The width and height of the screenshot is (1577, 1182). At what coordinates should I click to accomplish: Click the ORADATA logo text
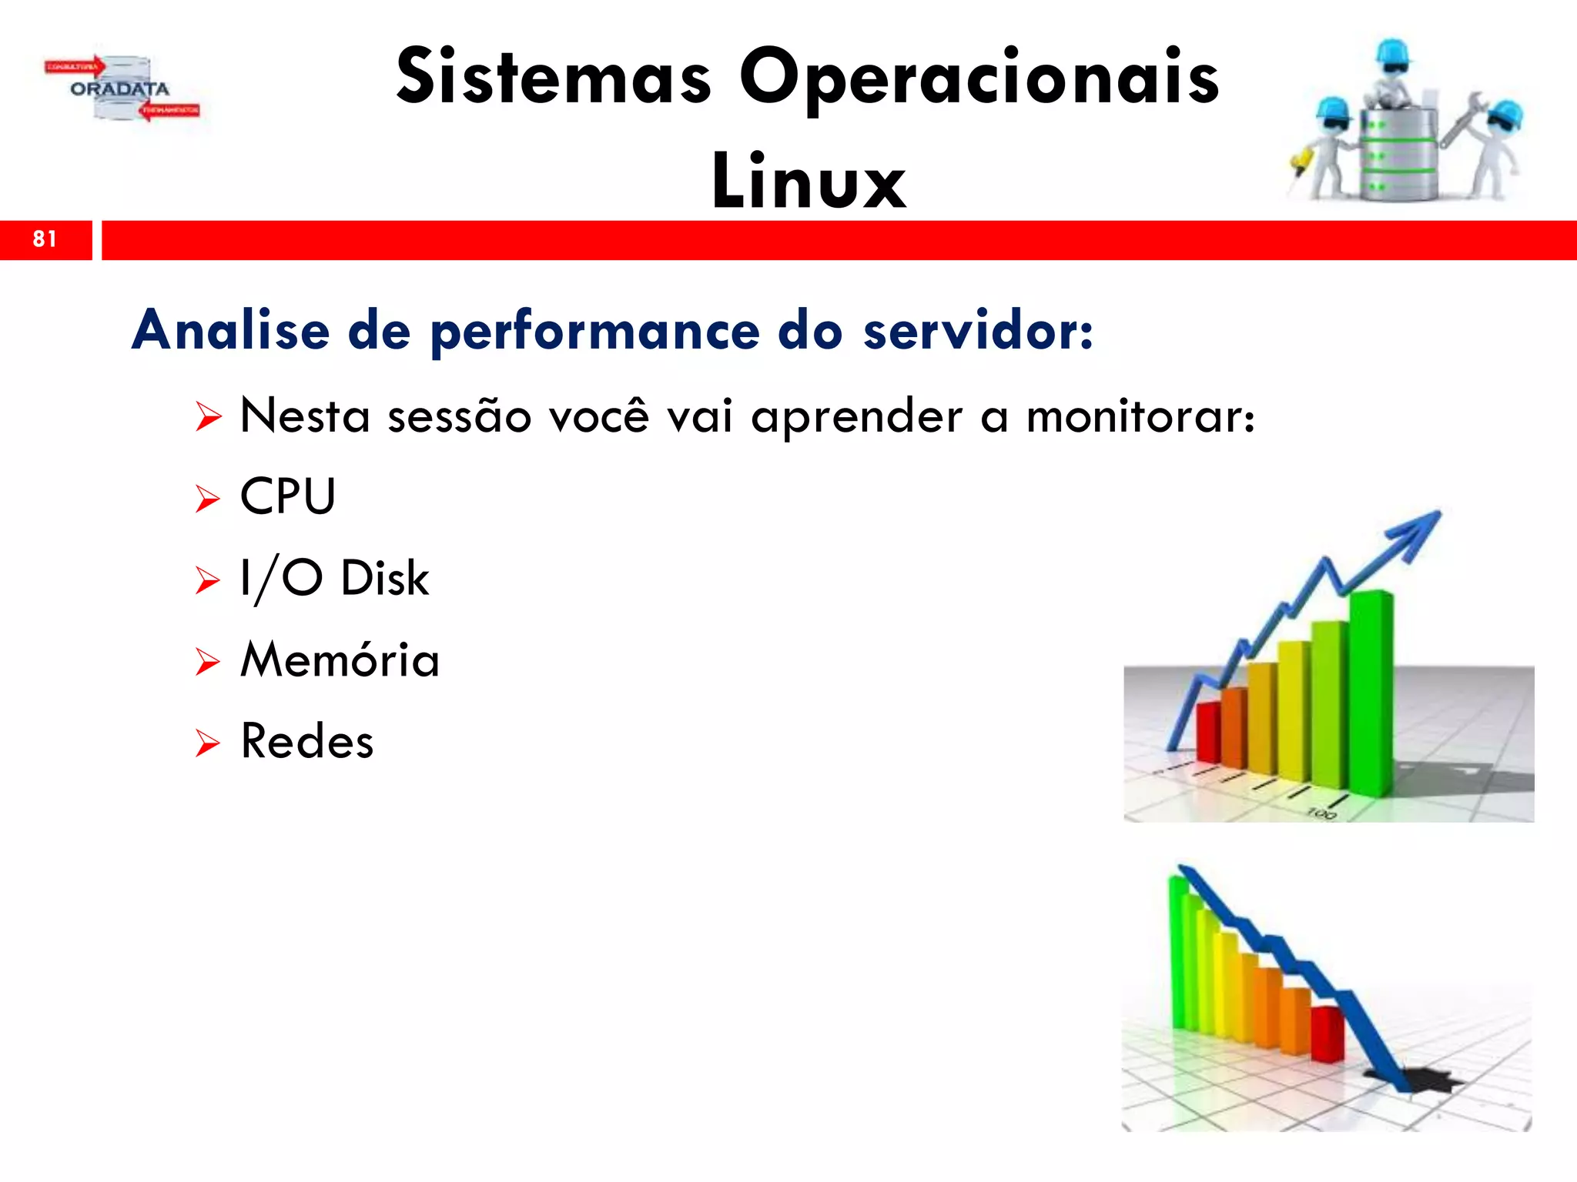(119, 88)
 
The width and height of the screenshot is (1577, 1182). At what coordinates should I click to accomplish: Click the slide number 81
(45, 239)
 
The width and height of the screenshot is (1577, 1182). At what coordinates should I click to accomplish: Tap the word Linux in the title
(809, 182)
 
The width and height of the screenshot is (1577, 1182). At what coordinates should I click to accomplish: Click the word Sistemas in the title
(554, 77)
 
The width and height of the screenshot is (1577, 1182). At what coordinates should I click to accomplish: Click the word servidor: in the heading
(977, 331)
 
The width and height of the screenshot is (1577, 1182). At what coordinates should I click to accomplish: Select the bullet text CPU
(288, 496)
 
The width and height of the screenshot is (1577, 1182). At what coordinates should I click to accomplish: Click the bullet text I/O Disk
(334, 579)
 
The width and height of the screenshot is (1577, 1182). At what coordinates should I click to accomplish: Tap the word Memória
(340, 660)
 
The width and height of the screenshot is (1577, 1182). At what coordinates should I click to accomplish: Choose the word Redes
(306, 742)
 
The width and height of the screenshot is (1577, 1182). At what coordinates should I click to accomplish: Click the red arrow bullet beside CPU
(207, 499)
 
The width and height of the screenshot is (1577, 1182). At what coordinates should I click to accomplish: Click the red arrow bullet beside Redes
(207, 743)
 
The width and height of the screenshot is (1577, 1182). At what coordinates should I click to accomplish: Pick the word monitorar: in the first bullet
(1140, 417)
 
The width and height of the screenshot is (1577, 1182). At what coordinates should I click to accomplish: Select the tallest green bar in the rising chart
(1371, 693)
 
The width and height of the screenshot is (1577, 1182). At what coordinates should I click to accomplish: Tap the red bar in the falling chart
(1327, 1033)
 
